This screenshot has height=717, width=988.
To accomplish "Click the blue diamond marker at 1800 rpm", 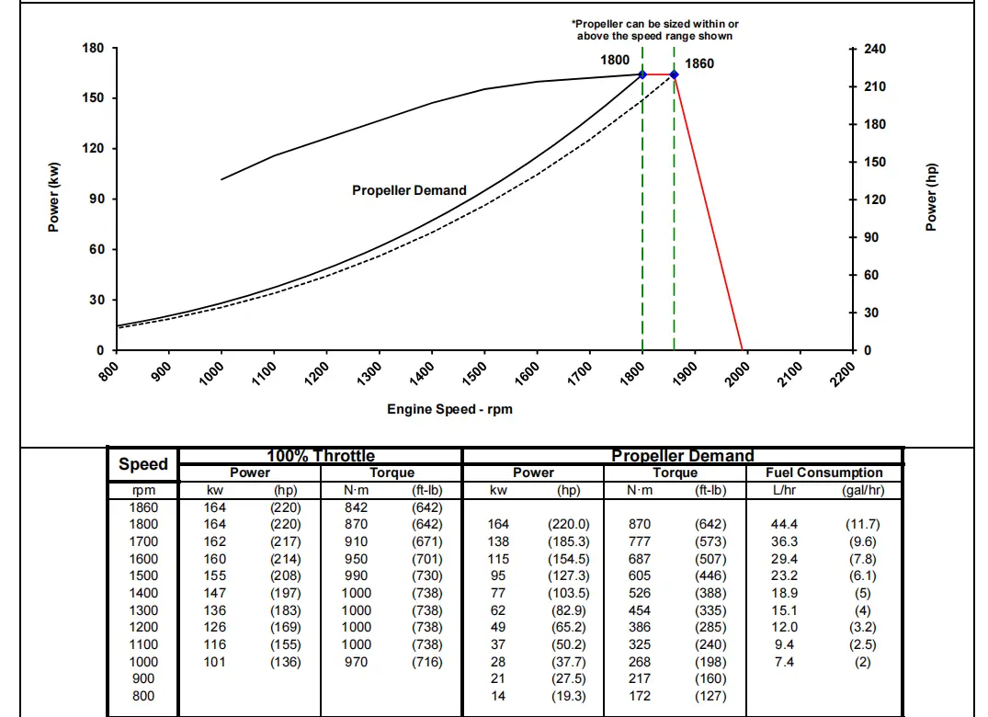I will point(642,74).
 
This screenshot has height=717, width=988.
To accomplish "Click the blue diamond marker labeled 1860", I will point(674,74).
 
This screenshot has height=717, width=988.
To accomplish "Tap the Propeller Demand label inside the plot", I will point(409,190).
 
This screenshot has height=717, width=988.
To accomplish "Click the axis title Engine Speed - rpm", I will point(449,409).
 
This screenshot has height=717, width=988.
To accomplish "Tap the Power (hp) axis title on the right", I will point(931,198).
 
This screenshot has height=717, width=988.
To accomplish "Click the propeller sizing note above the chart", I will point(654,29).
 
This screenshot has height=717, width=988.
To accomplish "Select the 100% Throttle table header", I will point(320,456).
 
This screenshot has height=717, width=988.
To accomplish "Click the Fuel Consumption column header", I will point(823,472).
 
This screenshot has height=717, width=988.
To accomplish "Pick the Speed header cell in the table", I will point(143,464).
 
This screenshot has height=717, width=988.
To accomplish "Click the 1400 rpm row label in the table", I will point(143,593).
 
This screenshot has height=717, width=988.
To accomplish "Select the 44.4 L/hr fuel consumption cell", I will point(784,524).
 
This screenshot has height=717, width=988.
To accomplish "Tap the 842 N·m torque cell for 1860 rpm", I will point(356,507).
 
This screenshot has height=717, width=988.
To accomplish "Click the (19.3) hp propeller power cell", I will point(568,696).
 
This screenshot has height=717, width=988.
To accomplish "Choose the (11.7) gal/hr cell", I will point(862,524).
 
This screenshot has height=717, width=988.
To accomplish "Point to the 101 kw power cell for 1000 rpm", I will point(214,662).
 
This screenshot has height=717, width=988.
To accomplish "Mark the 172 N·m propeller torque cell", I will point(640,696).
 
